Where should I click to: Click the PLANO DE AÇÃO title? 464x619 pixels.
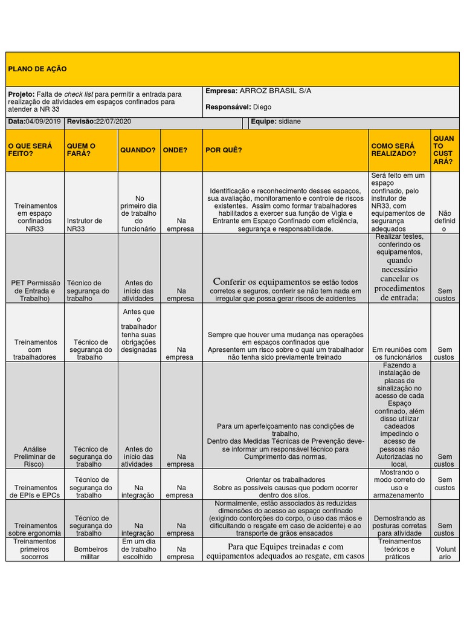37,69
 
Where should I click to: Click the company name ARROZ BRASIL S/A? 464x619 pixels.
275,91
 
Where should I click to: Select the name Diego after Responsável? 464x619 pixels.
262,107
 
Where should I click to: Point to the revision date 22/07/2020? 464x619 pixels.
113,122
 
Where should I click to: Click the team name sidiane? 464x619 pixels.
289,122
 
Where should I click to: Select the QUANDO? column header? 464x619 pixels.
138,150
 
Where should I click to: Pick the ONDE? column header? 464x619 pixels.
175,150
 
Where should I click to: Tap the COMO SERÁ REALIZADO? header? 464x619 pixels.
393,150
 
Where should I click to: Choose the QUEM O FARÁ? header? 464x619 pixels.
82,150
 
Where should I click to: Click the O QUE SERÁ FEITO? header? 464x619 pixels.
30,150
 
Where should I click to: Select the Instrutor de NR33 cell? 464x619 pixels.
85,225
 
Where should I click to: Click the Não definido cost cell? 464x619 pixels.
445,221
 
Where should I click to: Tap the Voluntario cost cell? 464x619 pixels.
445,553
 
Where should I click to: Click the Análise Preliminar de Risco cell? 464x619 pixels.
34,456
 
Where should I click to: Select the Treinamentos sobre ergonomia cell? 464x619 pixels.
34,530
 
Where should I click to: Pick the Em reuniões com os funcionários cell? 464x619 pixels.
399,353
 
